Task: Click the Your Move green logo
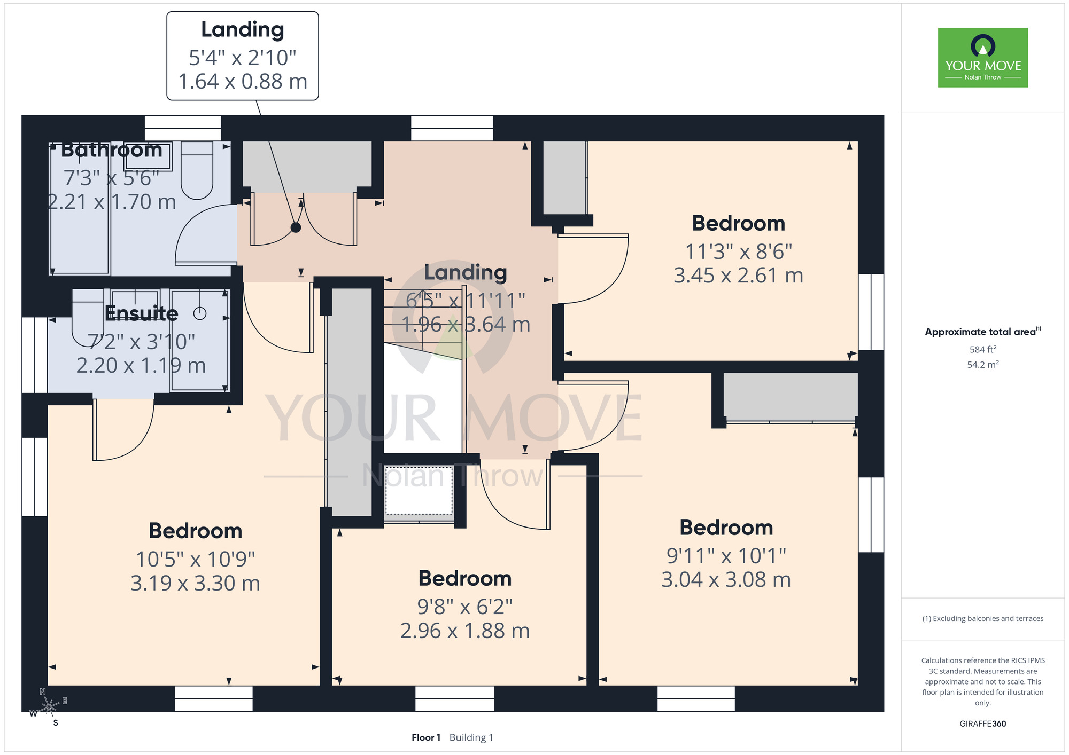982,58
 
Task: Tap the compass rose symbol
49,707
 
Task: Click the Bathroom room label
112,150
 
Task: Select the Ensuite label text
142,313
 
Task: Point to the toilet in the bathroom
197,170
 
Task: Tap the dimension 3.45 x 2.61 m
738,276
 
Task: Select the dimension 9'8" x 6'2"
465,607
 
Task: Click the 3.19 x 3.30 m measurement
195,583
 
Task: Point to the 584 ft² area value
983,349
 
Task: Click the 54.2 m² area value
983,365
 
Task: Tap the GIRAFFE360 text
983,724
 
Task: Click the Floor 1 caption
426,737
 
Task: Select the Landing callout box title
243,30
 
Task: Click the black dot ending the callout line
296,227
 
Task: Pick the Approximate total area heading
983,332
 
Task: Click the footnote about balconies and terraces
983,618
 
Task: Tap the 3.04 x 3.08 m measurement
726,580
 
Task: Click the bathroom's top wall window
183,128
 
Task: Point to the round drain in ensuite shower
200,313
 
